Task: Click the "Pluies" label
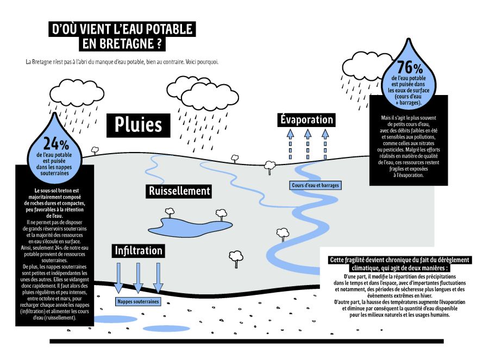point(138,124)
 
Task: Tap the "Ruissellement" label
point(179,191)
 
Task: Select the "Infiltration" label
point(138,250)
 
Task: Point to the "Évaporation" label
point(306,119)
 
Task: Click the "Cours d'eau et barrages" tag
point(315,186)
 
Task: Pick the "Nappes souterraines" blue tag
point(138,301)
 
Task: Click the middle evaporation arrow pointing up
point(308,142)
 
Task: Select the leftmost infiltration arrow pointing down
point(118,277)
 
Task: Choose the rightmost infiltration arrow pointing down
point(158,277)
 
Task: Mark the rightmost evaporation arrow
point(325,142)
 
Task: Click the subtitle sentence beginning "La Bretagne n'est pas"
point(122,62)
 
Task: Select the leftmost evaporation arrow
point(290,142)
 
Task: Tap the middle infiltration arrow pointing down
point(138,277)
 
